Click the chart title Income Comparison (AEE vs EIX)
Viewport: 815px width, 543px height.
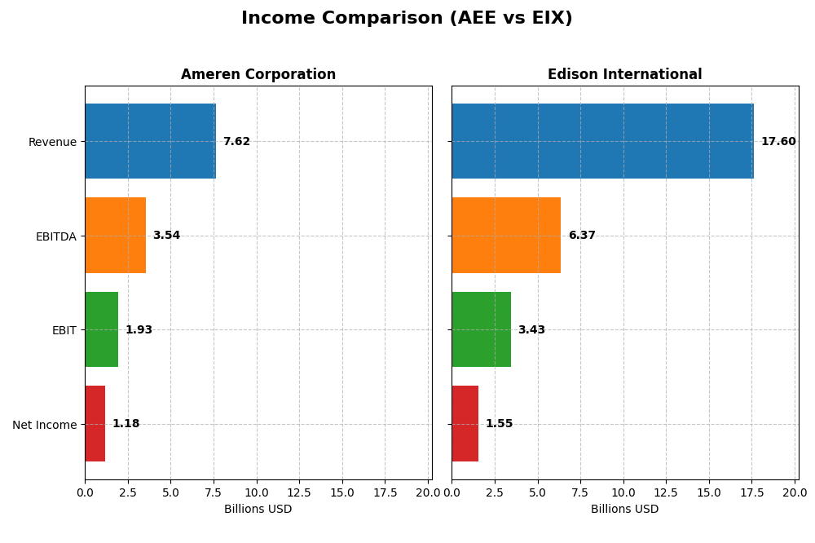[407, 19]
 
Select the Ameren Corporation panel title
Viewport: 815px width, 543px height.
[258, 75]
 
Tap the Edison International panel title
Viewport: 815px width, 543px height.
[624, 75]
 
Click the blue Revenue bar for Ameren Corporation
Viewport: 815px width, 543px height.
[150, 141]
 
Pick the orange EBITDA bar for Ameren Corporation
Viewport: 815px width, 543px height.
[115, 236]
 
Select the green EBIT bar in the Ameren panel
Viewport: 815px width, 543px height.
[101, 329]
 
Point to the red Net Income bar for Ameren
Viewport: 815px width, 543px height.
[95, 424]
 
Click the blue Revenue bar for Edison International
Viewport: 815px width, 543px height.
[602, 141]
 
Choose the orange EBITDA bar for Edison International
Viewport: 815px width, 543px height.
[506, 236]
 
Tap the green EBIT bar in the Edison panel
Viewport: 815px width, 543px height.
[481, 329]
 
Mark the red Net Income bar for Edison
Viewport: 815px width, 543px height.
[465, 424]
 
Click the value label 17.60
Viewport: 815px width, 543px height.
[778, 142]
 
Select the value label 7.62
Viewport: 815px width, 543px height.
[236, 142]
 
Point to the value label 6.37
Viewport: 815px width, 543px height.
[582, 236]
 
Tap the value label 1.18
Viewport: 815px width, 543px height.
[126, 424]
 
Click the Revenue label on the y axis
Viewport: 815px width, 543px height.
[52, 142]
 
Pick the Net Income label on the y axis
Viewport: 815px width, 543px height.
[44, 425]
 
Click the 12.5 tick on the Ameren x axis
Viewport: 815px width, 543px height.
[299, 492]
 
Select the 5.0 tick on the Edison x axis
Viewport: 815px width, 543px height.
[537, 492]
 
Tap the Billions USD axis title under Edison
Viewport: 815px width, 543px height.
[624, 510]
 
